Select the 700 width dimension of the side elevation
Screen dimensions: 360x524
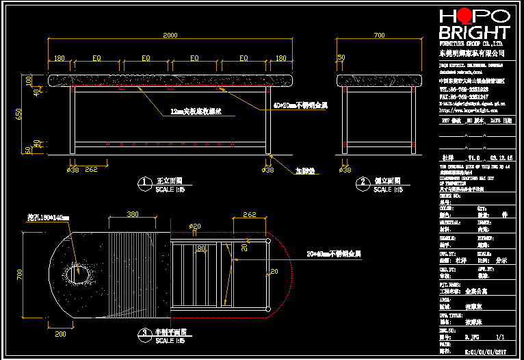pos(379,36)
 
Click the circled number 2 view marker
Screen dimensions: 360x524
pos(363,183)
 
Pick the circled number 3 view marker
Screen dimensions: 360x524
pos(144,333)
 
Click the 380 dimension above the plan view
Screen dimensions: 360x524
pos(133,214)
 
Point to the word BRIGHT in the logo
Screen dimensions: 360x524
pos(474,33)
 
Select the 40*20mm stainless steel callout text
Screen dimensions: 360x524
pos(300,106)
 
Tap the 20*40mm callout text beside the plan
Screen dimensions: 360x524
pos(333,254)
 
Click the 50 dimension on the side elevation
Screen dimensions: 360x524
pos(341,57)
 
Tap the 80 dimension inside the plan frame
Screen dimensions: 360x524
pos(200,247)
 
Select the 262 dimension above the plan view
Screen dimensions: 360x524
pos(249,214)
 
